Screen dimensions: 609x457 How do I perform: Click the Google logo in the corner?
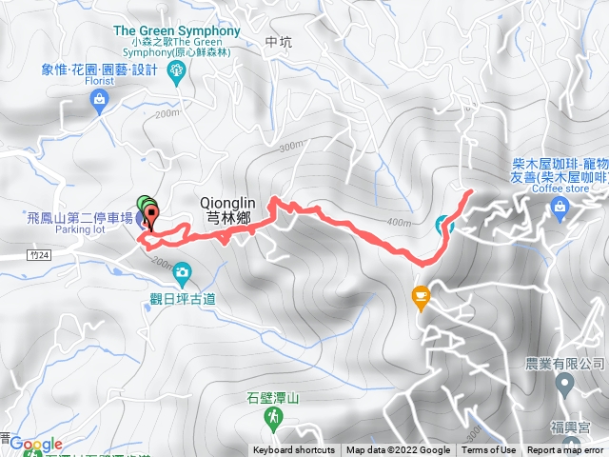point(36,445)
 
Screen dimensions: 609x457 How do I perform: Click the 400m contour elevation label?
point(401,223)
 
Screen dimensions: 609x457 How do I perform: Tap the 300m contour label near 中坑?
point(290,147)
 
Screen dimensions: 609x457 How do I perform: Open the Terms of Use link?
point(489,450)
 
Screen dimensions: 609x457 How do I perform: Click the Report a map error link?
point(565,450)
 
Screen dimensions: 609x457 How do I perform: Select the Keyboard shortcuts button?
point(294,450)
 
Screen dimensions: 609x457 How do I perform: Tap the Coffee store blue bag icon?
point(560,212)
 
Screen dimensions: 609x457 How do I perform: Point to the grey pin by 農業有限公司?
point(564,387)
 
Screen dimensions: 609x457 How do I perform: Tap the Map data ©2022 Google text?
point(398,450)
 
